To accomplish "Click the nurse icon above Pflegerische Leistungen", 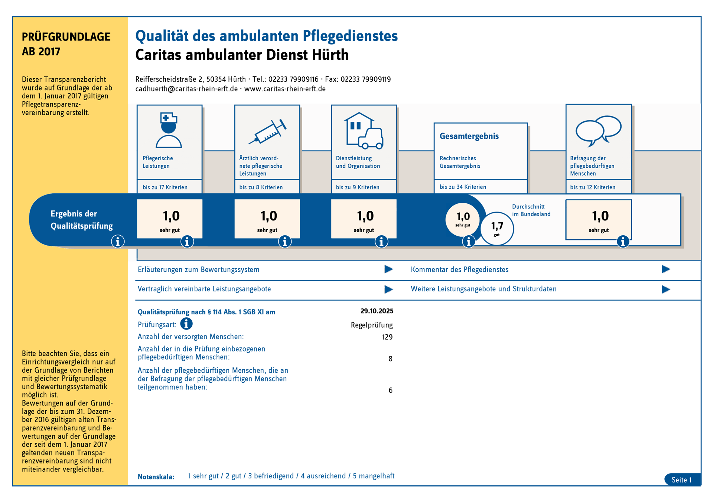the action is (169, 130).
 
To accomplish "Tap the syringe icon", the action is (267, 131).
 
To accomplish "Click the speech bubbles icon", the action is (598, 131).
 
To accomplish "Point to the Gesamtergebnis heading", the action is (469, 136).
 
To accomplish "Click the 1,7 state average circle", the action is (497, 229).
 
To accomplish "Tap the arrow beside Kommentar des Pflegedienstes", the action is (666, 269).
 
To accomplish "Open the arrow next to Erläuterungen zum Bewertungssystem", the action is (388, 269).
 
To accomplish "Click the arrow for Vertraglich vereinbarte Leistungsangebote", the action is (388, 289).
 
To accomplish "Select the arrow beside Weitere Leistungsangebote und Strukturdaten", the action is (666, 289).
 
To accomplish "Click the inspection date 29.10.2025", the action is (377, 311).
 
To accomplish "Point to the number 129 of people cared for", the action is (387, 337).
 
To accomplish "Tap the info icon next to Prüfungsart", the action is (186, 324).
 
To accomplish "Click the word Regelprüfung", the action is (372, 325).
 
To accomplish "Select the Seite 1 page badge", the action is (682, 480).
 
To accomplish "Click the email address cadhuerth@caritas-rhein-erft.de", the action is (186, 89).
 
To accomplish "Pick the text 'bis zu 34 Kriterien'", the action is (463, 187).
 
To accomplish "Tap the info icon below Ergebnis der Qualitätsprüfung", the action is (118, 242).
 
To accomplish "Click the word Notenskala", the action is (156, 477).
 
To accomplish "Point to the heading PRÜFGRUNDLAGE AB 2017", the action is (66, 44).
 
